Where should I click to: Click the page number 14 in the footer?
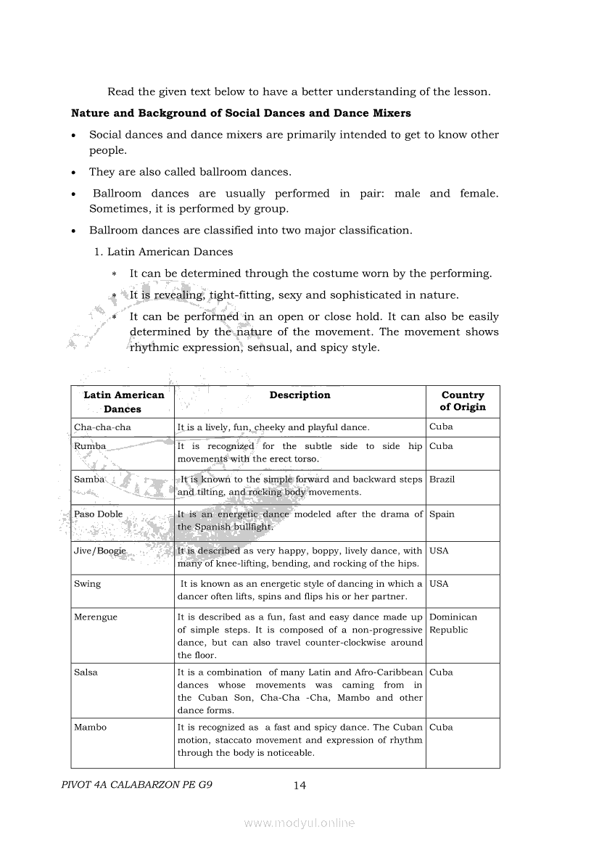(x=299, y=785)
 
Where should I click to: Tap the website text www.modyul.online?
(x=299, y=823)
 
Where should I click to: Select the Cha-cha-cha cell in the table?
(x=102, y=427)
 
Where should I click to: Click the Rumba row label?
(x=90, y=446)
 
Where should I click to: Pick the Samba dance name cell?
(x=90, y=479)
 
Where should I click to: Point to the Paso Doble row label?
(x=99, y=514)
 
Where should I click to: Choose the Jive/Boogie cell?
(x=100, y=551)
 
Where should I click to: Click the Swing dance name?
(x=88, y=584)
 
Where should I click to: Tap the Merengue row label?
(x=96, y=617)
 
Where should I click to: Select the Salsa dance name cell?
(x=86, y=672)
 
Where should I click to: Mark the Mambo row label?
(x=90, y=728)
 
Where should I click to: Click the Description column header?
(x=299, y=395)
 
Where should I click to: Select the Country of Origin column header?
(x=463, y=401)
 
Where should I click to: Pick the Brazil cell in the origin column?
(x=442, y=479)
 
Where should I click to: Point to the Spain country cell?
(x=442, y=514)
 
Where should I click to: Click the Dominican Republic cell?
(x=453, y=623)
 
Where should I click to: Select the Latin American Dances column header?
(x=123, y=401)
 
